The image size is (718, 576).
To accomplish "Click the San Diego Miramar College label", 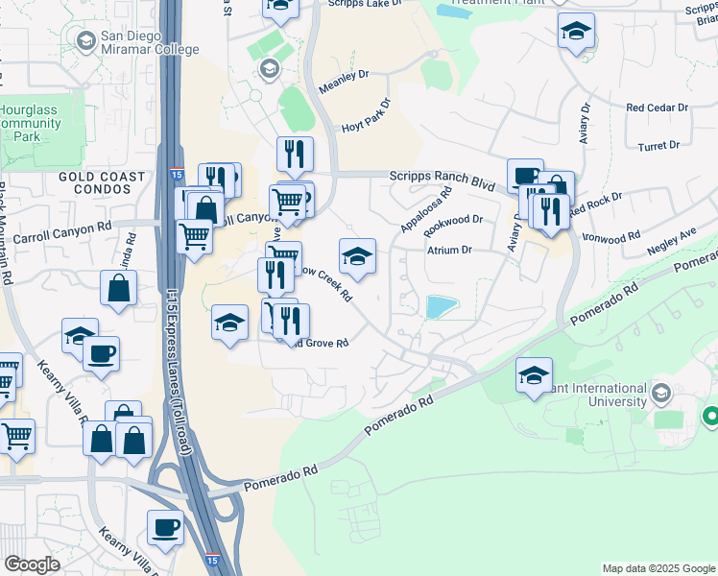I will [150, 42].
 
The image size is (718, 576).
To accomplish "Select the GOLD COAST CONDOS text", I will [102, 182].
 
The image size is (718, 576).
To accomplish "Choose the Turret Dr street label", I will [658, 146].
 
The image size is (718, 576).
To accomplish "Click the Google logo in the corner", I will [31, 564].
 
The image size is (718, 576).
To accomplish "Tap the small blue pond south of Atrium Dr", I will [442, 306].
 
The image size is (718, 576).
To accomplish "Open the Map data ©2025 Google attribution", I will [658, 568].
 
